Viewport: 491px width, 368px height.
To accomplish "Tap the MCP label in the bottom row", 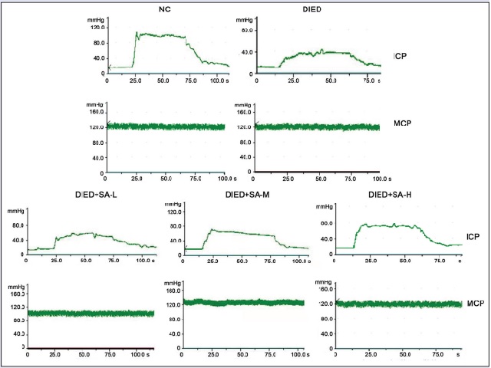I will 476,304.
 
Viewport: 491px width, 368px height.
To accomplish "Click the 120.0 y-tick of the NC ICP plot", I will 97,27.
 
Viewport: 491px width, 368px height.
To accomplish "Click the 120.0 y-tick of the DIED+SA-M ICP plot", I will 173,212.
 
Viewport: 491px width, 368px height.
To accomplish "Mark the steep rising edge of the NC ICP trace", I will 135,50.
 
